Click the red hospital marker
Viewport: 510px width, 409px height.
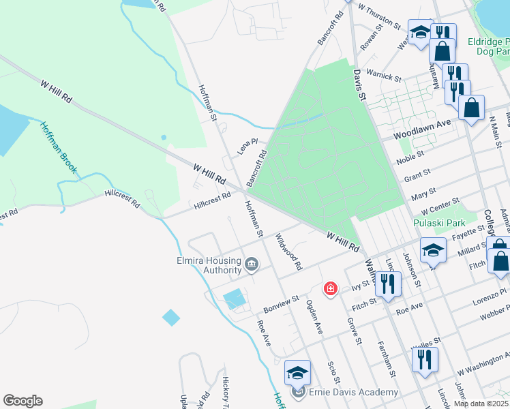(x=331, y=289)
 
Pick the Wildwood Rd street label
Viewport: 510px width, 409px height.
(x=288, y=251)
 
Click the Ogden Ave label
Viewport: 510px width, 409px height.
(x=314, y=316)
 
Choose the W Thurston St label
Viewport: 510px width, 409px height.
(x=378, y=18)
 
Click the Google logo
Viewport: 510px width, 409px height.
(x=22, y=401)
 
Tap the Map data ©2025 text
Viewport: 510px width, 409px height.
(x=481, y=404)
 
